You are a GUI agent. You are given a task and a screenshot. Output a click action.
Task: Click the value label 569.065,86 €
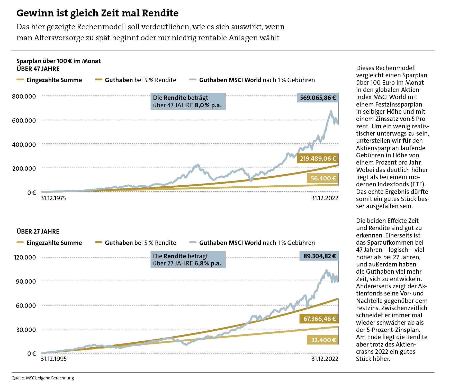(x=318, y=98)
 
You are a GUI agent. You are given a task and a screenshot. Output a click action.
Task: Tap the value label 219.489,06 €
(x=318, y=159)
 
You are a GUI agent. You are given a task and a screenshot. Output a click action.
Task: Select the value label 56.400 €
(x=323, y=178)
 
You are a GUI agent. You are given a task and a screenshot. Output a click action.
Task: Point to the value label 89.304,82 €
(x=319, y=256)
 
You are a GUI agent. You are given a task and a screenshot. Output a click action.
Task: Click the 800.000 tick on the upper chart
(x=24, y=97)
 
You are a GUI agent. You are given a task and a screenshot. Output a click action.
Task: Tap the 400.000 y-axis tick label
(x=24, y=145)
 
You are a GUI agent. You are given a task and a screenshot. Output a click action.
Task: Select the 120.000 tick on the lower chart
(x=25, y=257)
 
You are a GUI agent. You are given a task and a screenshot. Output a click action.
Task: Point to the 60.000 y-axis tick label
(x=26, y=305)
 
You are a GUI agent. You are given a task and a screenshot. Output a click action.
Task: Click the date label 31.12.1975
(x=53, y=198)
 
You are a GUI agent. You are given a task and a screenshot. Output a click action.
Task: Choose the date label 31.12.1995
(x=54, y=359)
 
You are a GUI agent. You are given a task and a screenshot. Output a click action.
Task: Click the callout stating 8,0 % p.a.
(x=188, y=101)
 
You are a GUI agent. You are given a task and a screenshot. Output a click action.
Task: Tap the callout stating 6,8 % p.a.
(x=188, y=260)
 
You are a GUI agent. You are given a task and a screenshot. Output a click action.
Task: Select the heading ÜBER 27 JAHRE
(x=38, y=232)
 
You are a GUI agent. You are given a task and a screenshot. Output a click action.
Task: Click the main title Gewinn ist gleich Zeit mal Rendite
(x=97, y=13)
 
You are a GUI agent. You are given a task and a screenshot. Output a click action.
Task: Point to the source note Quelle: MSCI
(x=43, y=378)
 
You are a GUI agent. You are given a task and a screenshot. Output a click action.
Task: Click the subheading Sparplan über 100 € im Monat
(x=58, y=61)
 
